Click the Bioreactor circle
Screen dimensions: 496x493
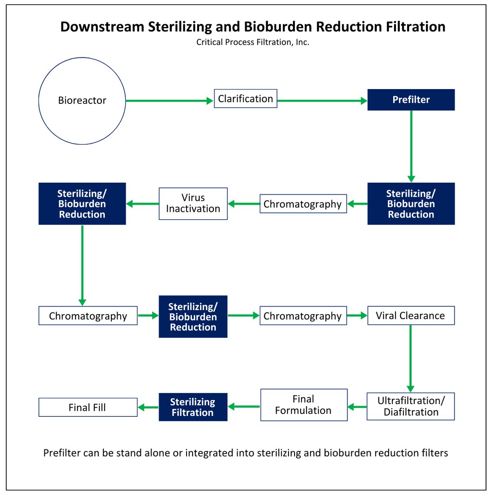82,101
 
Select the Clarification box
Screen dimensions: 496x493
246,99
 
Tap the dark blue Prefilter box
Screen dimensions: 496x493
411,100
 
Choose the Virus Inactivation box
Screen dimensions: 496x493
193,203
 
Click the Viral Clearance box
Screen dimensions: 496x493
411,315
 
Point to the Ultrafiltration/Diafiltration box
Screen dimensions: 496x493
411,406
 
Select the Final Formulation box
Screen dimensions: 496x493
304,405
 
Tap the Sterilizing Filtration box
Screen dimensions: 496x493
193,407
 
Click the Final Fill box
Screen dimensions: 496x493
88,407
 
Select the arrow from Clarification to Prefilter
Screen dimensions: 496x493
322,101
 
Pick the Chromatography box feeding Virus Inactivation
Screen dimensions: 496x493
303,204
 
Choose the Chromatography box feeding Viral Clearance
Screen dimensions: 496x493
303,316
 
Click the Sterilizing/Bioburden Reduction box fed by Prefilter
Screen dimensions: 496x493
411,204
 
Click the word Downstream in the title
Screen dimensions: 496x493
102,27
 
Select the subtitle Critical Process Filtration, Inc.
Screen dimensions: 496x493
253,42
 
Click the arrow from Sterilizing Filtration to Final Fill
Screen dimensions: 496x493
148,407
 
